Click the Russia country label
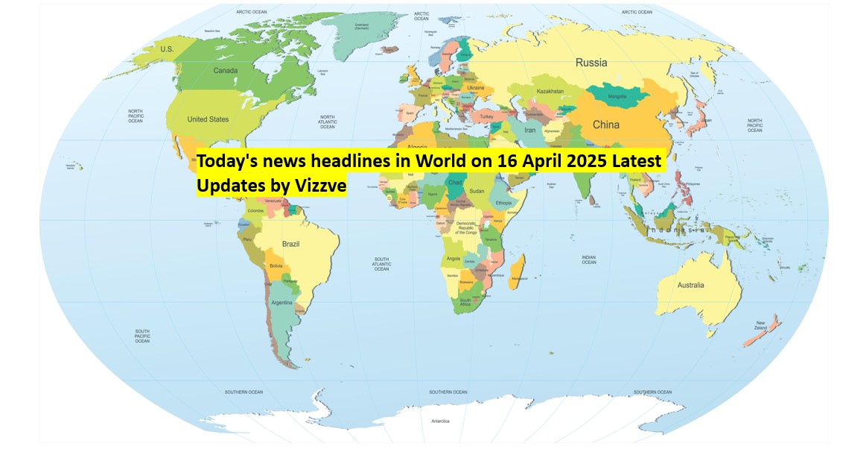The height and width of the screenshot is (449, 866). tap(591, 63)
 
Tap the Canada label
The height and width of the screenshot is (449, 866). tap(226, 71)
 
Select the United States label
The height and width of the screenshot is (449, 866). tap(208, 119)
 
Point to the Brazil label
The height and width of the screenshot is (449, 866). tap(290, 244)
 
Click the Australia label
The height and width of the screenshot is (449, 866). tap(690, 285)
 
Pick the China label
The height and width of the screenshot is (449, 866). tap(605, 125)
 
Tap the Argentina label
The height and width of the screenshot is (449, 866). tap(281, 302)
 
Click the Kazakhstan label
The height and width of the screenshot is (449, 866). tap(550, 92)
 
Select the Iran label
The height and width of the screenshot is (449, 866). tap(530, 130)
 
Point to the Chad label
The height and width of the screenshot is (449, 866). tap(456, 183)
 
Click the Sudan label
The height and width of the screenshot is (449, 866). tap(477, 191)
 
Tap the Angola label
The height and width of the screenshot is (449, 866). tap(453, 259)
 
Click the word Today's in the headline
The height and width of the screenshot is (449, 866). tap(226, 162)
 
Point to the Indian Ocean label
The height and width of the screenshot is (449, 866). tap(589, 260)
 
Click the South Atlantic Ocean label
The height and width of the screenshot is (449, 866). tap(381, 263)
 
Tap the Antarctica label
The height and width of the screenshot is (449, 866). tap(440, 421)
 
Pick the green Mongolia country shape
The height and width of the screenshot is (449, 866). tap(617, 96)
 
